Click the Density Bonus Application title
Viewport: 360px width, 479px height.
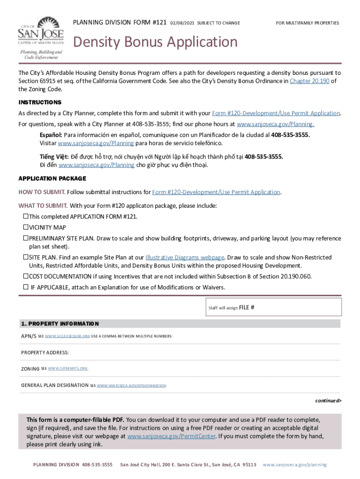[x=155, y=43]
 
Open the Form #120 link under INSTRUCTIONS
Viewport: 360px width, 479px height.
[x=276, y=113]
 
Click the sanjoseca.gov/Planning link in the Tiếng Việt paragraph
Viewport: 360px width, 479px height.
[x=96, y=165]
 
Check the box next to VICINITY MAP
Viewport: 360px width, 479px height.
[x=26, y=227]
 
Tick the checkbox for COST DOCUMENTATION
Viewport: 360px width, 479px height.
[x=26, y=276]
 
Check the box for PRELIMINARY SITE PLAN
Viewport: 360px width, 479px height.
[x=26, y=238]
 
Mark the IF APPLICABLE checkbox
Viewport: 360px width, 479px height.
[x=26, y=287]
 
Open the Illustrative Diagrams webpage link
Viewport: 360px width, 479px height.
[x=185, y=257]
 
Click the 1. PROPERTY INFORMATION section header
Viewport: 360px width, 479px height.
[x=60, y=324]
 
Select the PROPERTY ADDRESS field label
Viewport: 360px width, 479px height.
[x=45, y=352]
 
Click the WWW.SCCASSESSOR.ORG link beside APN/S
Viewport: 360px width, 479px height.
[x=67, y=336]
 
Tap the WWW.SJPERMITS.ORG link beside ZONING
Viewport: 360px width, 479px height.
[x=68, y=369]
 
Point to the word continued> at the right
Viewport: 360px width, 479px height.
[x=328, y=400]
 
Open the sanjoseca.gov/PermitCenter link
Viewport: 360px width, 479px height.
[x=171, y=436]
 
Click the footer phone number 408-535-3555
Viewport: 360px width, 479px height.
[x=97, y=464]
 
